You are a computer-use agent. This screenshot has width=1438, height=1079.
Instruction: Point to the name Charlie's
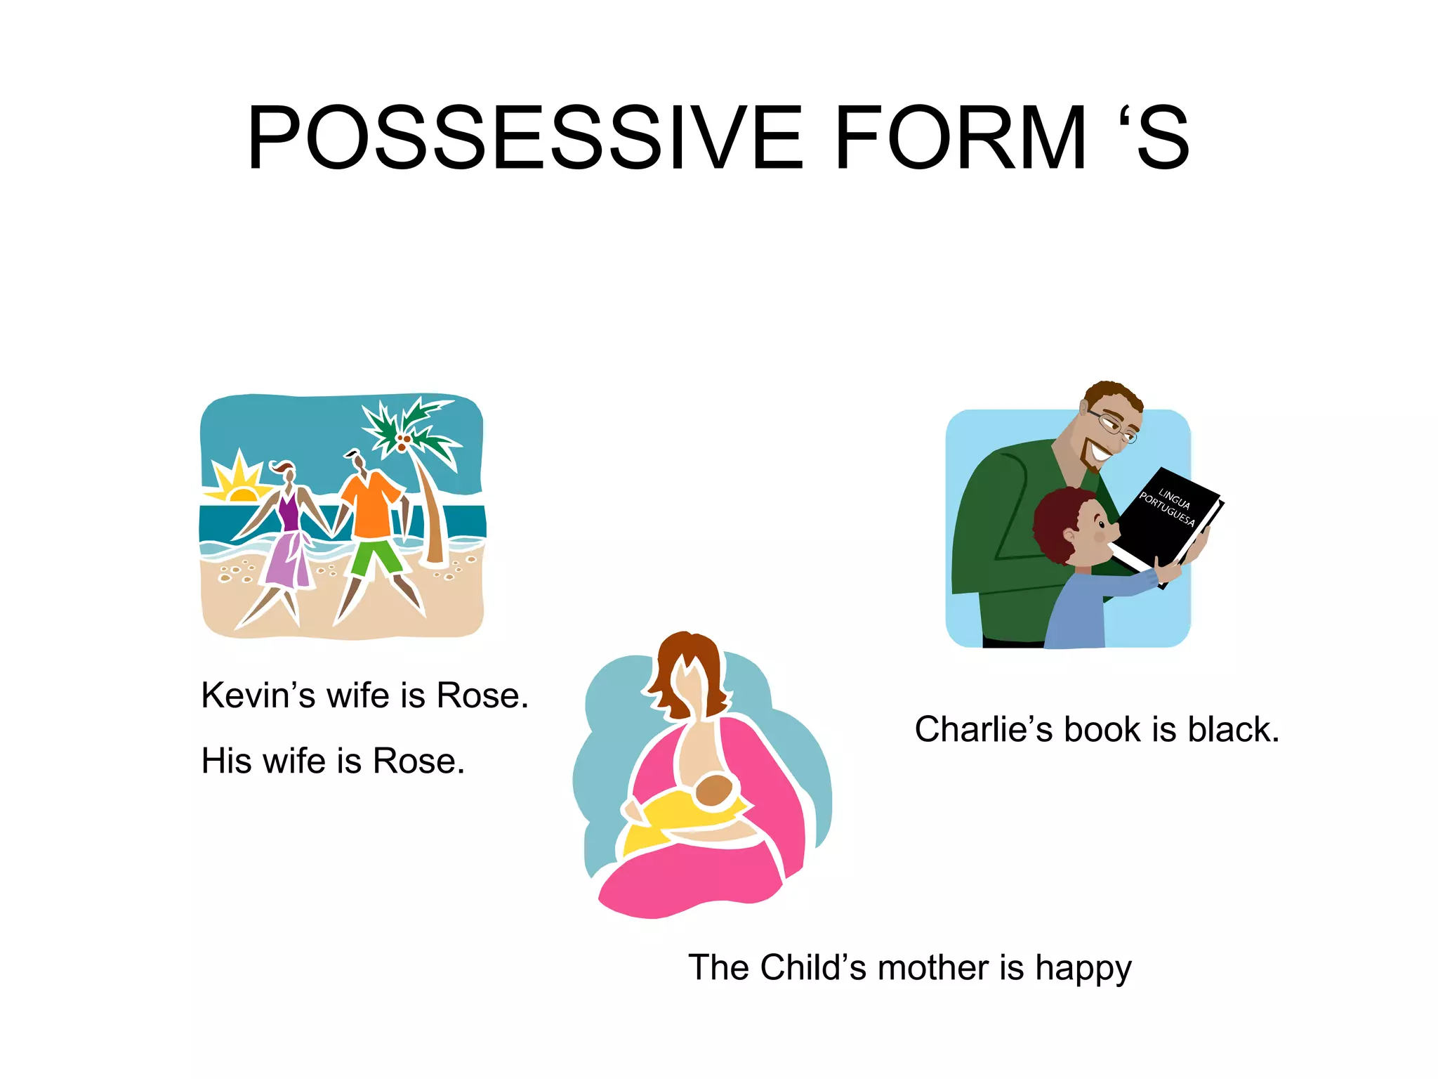click(x=983, y=729)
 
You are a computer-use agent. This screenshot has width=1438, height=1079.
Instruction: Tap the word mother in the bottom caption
click(x=933, y=967)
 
